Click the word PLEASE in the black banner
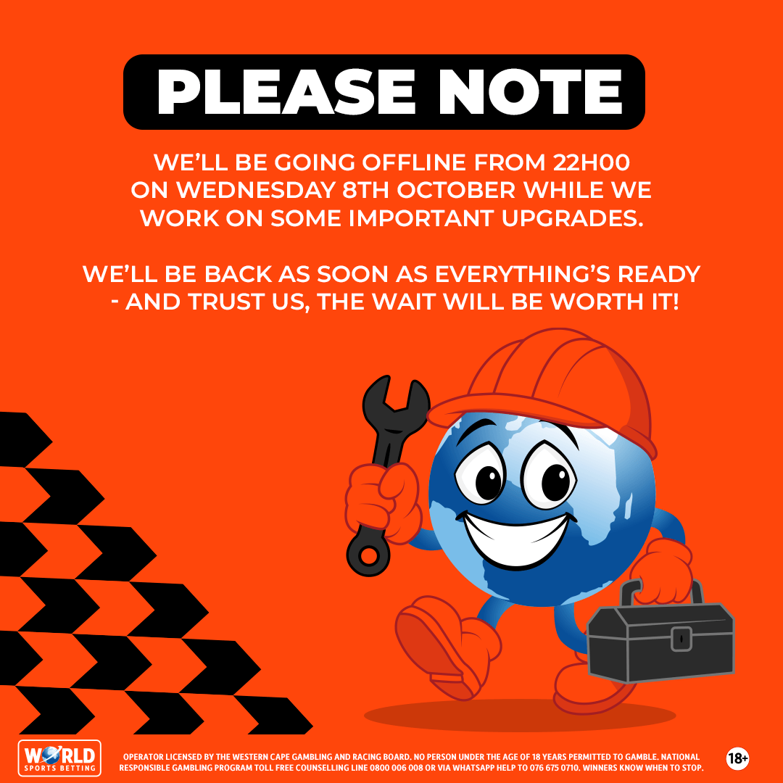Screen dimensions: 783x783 coord(270,92)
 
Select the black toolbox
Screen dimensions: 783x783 coord(660,638)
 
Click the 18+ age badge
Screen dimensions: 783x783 coord(737,758)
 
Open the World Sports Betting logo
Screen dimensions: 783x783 coord(59,758)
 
